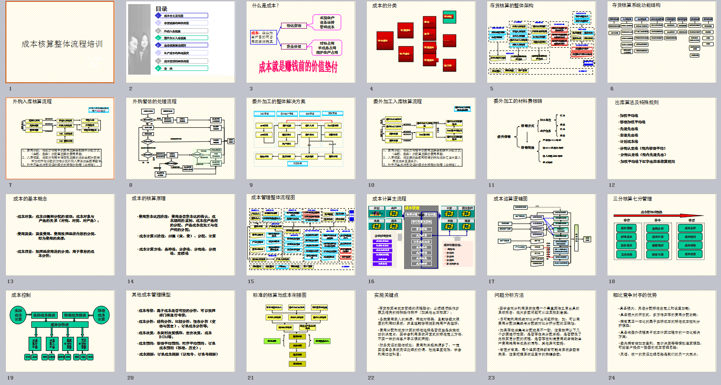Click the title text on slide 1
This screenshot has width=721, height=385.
coord(62,44)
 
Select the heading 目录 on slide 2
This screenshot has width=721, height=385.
coord(161,9)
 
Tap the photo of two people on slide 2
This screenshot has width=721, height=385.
coord(139,40)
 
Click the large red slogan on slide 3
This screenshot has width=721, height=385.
coord(298,67)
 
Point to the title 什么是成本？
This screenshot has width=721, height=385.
coord(266,5)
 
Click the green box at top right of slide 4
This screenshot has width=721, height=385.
coord(449,17)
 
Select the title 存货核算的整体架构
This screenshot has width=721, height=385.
coord(512,5)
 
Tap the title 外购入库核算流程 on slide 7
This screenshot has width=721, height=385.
coord(32,101)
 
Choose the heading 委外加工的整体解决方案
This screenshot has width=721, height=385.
coord(279,101)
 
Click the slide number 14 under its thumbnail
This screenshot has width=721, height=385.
coord(131,281)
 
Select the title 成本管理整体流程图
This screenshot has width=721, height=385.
coord(273,197)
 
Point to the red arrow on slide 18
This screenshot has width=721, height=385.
coord(658,215)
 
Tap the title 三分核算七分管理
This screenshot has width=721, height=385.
coord(632,199)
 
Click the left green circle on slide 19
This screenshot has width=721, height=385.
coord(18,315)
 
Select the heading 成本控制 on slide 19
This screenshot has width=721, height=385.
coord(21,295)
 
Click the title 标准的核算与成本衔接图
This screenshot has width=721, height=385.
coord(280,295)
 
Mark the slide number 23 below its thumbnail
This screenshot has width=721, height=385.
coord(491,378)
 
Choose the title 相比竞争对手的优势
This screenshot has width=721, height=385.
coord(635,295)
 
